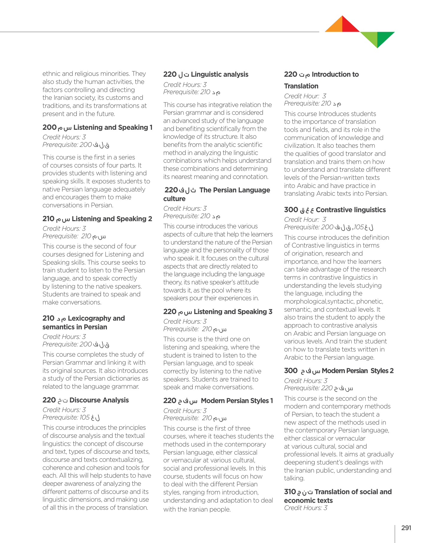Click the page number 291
(406, 528)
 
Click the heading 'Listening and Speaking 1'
(113, 127)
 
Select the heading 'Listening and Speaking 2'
(112, 219)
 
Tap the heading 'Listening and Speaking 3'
(233, 312)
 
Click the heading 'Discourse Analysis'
(99, 400)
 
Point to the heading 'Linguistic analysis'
(219, 74)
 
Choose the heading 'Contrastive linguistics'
(351, 210)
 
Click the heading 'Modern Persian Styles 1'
(237, 401)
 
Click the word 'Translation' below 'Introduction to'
(301, 86)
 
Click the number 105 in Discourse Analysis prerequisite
(85, 417)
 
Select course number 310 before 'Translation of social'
(290, 492)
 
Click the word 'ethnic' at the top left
(52, 74)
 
